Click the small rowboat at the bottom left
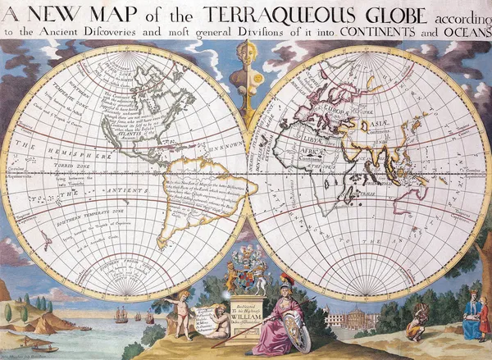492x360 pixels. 44,348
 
